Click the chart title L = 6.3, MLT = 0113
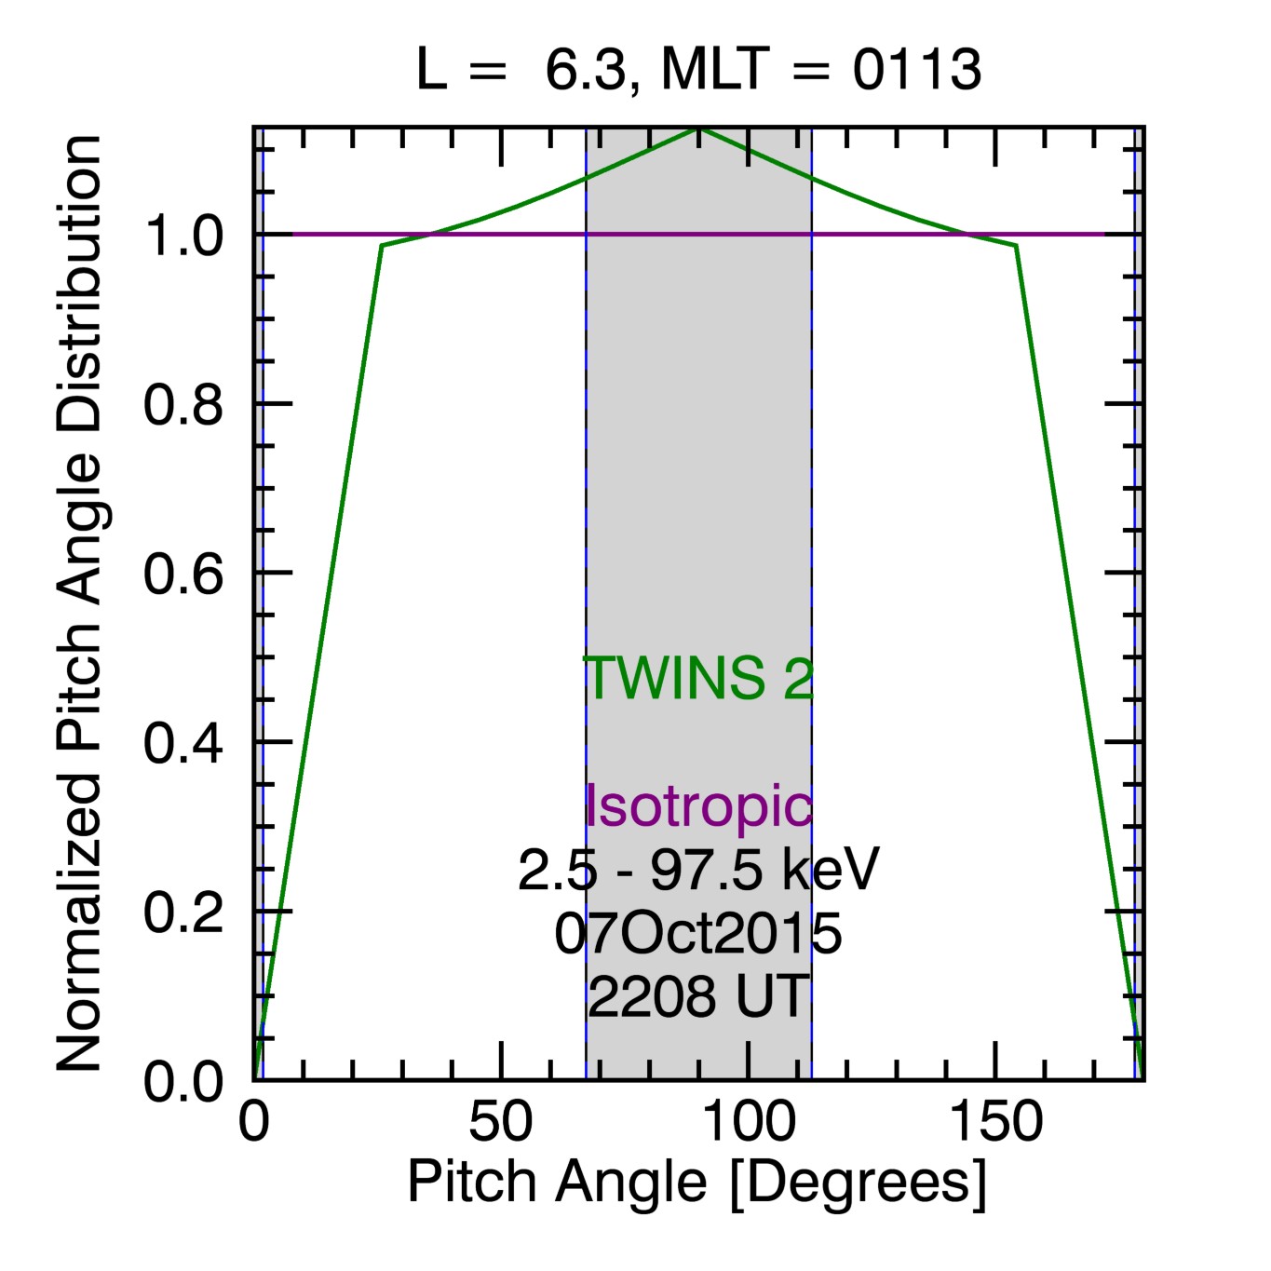tap(698, 70)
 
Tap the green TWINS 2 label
tap(698, 678)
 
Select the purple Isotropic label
tap(698, 805)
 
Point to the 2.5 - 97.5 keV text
tap(698, 871)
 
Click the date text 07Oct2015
tap(698, 934)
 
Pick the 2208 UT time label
tap(698, 997)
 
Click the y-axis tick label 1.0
tap(183, 236)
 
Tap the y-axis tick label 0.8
tap(183, 405)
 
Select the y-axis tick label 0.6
tap(183, 574)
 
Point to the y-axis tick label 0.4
tap(183, 743)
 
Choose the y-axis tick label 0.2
tap(183, 912)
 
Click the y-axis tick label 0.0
tap(183, 1081)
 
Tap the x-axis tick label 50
tap(501, 1122)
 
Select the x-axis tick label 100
tap(749, 1122)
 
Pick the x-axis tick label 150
tap(995, 1122)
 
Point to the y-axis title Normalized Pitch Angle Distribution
tap(79, 603)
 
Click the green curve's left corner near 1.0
tap(382, 246)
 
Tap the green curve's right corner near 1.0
tap(1016, 246)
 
